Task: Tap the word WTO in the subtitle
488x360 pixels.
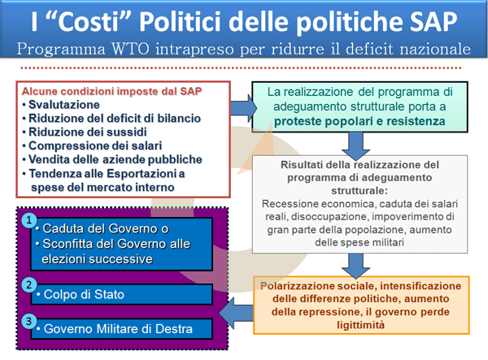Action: [x=130, y=49]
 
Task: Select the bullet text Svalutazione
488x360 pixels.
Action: [x=64, y=105]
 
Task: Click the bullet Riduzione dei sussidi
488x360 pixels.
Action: [x=88, y=132]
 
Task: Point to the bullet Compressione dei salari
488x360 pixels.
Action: [x=95, y=145]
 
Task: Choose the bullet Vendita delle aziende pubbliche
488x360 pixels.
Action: [x=115, y=159]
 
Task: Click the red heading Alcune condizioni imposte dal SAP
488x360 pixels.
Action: [x=111, y=91]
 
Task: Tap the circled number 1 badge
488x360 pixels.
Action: [x=29, y=220]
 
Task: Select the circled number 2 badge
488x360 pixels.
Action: [x=29, y=284]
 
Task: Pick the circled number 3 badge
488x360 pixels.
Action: [x=29, y=321]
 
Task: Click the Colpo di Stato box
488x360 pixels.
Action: [x=122, y=294]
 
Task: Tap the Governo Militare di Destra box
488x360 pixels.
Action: [x=122, y=328]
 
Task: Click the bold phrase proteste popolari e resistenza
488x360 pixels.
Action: [x=359, y=121]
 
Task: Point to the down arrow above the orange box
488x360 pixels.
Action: [x=355, y=266]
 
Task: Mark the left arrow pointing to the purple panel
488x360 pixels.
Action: [x=236, y=313]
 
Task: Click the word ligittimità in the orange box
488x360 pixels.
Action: [x=360, y=325]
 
